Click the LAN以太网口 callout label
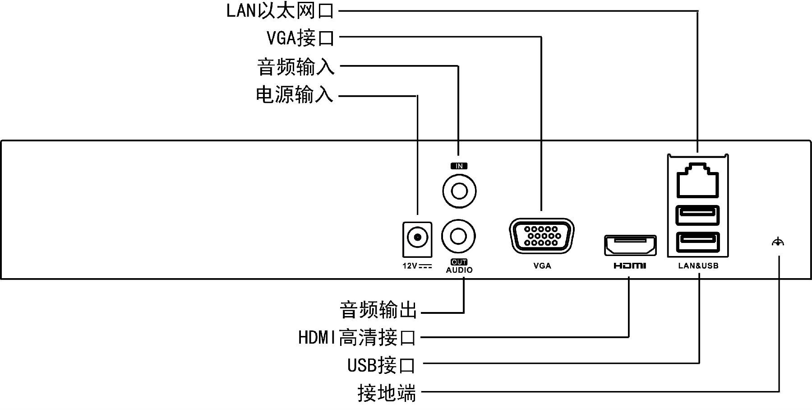tap(280, 11)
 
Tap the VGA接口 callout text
tap(300, 38)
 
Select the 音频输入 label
tap(295, 67)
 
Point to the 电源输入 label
tap(294, 95)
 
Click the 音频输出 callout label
tap(378, 310)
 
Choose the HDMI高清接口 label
tap(356, 337)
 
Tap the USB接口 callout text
tap(381, 365)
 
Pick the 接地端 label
tap(386, 393)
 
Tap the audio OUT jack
tap(458, 236)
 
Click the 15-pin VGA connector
tap(542, 236)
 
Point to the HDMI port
tap(630, 246)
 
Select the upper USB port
tap(697, 215)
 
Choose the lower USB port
tap(697, 242)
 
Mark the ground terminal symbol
tap(778, 242)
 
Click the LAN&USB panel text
tap(698, 266)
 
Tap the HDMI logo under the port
tap(630, 266)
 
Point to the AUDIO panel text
tap(459, 270)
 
